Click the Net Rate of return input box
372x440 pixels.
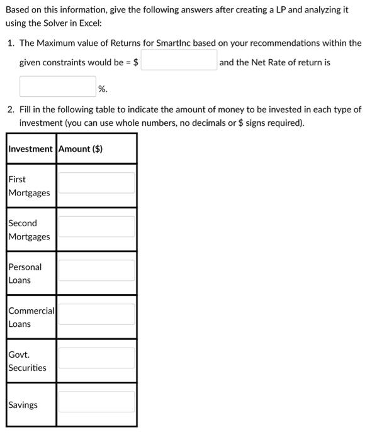point(57,87)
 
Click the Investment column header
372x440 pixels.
point(30,149)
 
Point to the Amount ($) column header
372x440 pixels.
point(81,149)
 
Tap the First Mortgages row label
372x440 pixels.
point(29,186)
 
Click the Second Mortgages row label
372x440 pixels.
point(29,229)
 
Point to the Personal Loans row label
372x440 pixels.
point(25,273)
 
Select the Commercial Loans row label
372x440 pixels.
point(31,317)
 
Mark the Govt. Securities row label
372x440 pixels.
point(27,361)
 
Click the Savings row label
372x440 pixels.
point(23,405)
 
